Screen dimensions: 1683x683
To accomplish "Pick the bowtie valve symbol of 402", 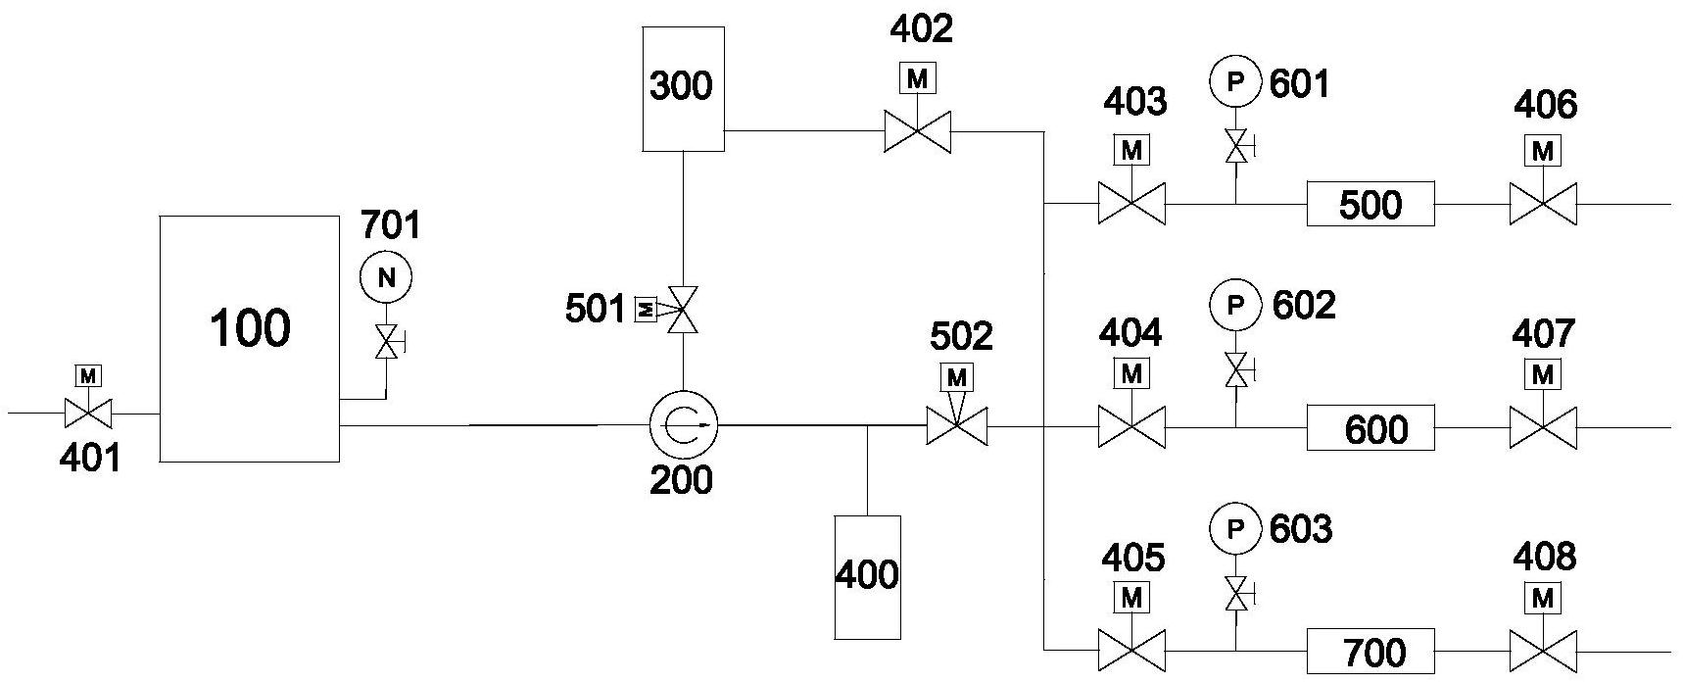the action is point(917,131).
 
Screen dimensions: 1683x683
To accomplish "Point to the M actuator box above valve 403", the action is point(1131,151).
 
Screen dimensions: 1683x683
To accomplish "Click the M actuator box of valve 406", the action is point(1543,151).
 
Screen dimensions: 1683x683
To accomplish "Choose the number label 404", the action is point(1130,334).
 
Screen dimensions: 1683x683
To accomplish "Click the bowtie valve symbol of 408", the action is point(1543,652).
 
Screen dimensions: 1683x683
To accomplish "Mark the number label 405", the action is point(1132,558).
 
